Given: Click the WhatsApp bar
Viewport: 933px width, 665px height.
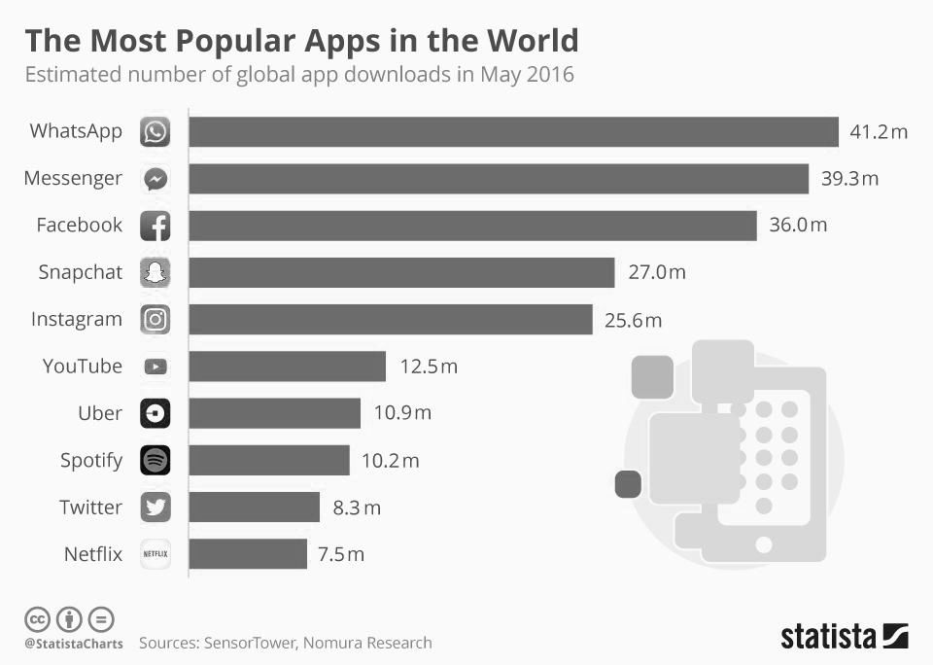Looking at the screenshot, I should [x=513, y=131].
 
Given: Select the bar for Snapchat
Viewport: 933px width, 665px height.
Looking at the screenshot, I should [x=401, y=272].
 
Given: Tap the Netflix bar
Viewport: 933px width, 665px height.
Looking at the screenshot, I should [x=248, y=554].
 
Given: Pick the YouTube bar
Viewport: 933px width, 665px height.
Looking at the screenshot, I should [x=288, y=367].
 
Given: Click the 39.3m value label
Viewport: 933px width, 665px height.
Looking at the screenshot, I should [x=850, y=179].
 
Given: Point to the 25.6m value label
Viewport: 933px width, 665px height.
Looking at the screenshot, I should [x=633, y=320].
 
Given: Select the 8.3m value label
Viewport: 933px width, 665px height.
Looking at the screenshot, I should [x=357, y=507].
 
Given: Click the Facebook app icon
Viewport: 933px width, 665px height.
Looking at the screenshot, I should [x=155, y=226].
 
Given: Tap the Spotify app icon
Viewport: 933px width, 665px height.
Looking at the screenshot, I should [x=155, y=460].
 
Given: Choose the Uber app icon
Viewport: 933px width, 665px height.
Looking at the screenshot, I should [x=155, y=413].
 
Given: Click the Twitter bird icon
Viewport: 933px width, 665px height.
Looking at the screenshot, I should [x=155, y=507].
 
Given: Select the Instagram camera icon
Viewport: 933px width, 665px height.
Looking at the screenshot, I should [x=155, y=320].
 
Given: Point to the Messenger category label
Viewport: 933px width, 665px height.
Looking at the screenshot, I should [x=73, y=179].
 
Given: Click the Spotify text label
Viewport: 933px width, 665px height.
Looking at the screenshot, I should [x=91, y=460].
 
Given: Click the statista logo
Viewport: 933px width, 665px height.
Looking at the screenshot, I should [x=844, y=637].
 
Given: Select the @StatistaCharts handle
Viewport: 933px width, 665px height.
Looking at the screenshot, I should [x=74, y=644].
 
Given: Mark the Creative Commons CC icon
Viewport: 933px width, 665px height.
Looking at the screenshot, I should [x=38, y=618].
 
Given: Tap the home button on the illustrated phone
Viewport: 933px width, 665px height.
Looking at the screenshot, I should [x=764, y=542].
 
